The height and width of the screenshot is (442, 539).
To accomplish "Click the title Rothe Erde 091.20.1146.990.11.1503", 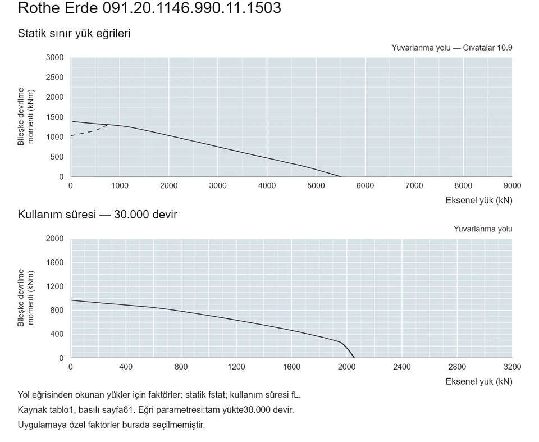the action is click(149, 7).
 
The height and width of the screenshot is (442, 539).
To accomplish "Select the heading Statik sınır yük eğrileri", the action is click(74, 33).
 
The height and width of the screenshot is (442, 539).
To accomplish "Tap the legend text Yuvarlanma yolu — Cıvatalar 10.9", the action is click(451, 48).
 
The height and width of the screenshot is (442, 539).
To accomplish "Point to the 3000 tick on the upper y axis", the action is click(55, 57).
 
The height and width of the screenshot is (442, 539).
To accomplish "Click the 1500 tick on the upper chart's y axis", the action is click(55, 117).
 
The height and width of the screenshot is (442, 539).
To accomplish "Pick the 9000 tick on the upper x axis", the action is click(512, 186).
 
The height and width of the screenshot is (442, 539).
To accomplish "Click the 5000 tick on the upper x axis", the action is click(316, 186).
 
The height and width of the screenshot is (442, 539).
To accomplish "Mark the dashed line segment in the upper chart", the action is click(89, 131).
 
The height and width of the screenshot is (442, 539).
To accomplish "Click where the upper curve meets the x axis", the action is click(341, 176).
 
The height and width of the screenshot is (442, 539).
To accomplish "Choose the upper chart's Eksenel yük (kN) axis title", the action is click(479, 200).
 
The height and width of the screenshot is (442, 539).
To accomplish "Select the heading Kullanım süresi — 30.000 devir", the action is click(97, 215).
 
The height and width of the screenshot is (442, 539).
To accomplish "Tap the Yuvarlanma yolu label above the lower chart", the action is click(483, 229).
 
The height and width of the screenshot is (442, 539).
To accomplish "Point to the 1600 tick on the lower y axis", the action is click(55, 262).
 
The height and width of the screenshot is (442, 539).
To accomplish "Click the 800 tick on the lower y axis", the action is click(57, 310).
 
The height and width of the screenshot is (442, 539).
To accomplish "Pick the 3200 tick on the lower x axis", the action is click(512, 367).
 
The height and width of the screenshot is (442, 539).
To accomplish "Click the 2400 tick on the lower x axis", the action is click(402, 367).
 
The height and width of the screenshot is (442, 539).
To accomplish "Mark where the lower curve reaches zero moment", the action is click(354, 358).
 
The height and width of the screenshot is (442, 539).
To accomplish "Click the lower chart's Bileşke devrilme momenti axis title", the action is click(26, 298).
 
